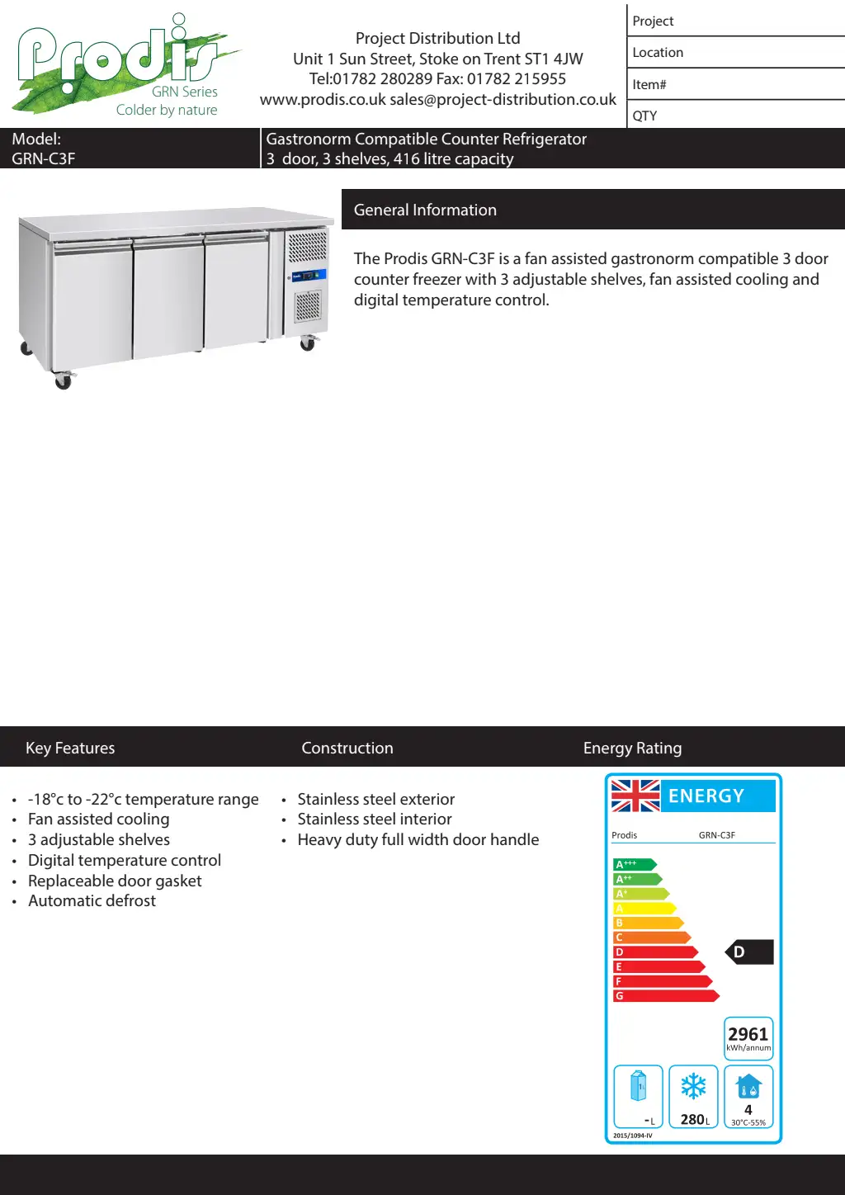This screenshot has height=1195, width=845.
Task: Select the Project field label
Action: tap(653, 21)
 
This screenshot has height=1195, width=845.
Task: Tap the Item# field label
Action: tap(649, 84)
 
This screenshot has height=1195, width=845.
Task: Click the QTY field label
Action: tap(644, 116)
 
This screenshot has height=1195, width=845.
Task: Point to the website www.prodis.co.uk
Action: tap(323, 100)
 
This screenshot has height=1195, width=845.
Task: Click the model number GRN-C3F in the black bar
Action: tap(44, 158)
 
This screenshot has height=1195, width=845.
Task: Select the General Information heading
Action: tap(425, 210)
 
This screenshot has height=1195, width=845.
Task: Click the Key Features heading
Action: tap(70, 748)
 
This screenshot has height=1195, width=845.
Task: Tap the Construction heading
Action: tap(347, 748)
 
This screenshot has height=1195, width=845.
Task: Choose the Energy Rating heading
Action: tap(632, 748)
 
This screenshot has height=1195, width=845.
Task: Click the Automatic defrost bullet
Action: tap(92, 900)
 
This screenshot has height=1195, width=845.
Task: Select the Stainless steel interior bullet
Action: tap(375, 819)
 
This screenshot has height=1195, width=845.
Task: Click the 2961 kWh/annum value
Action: tap(748, 1035)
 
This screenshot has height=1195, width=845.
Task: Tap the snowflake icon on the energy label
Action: tap(693, 1086)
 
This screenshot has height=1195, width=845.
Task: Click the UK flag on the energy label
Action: tap(635, 796)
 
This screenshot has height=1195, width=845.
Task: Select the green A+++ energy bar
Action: tap(634, 864)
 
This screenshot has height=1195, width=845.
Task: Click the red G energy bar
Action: tap(665, 996)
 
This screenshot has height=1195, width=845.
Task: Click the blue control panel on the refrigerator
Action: tap(308, 276)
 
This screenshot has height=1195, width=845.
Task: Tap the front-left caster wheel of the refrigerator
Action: tap(63, 380)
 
